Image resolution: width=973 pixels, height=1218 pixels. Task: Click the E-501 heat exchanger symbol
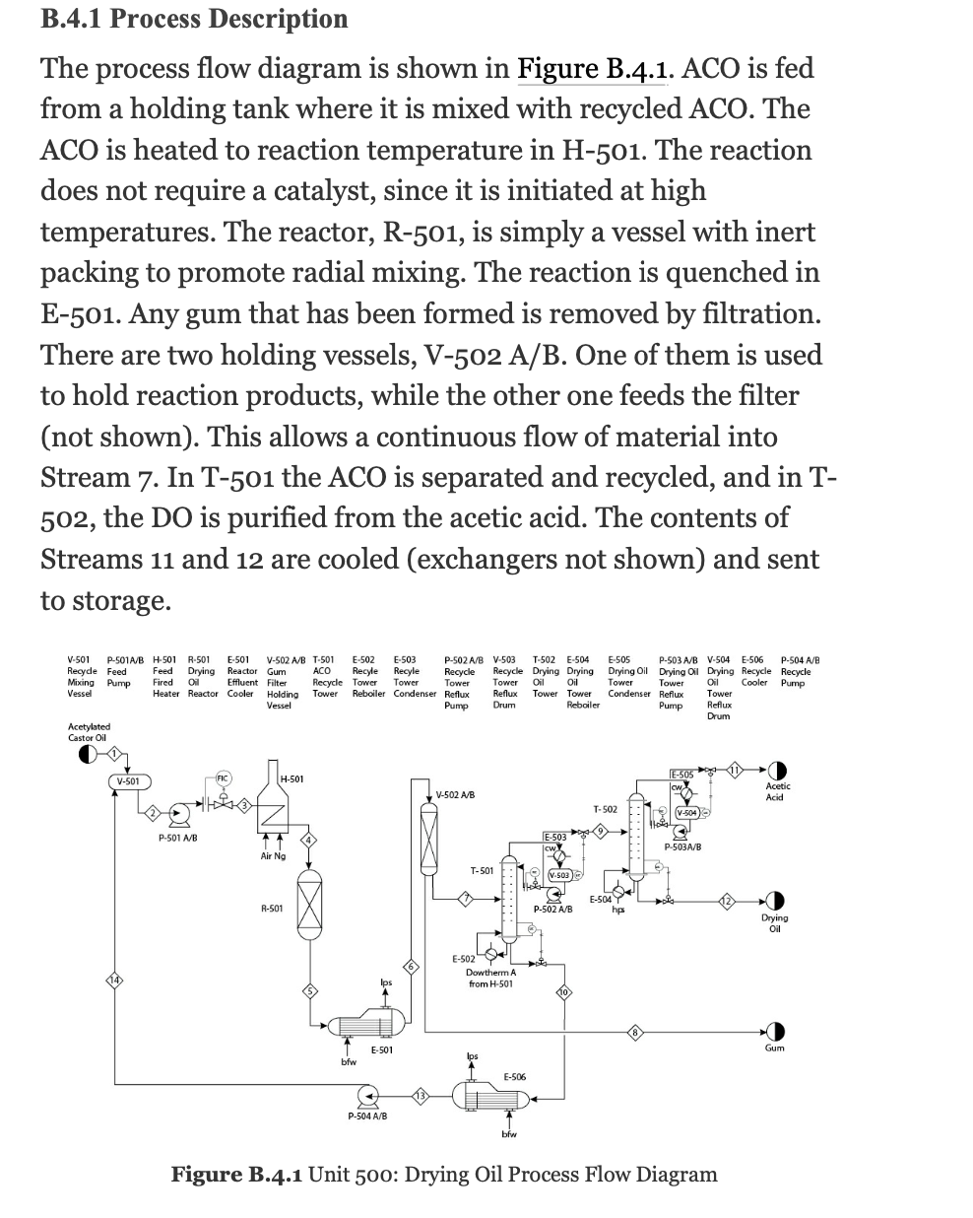coord(361,1026)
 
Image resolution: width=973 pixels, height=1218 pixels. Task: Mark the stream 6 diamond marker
coord(413,967)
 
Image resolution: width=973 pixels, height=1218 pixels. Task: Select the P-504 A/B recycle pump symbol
coord(367,1096)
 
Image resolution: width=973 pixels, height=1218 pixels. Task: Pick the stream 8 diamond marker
coord(635,1032)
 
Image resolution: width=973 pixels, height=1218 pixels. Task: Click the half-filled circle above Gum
coord(774,1032)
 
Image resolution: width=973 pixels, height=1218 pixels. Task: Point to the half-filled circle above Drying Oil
coord(774,902)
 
